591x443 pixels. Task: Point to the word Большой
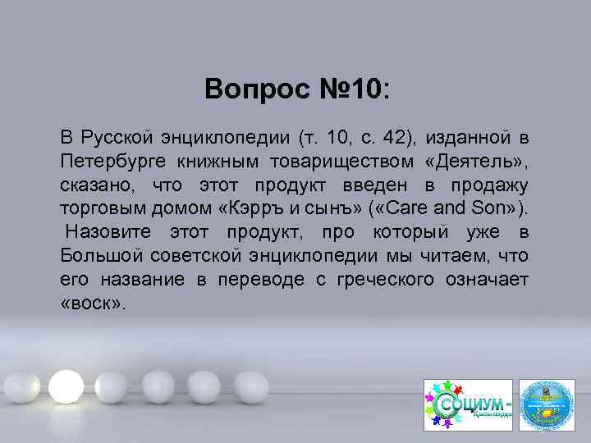(94, 255)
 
